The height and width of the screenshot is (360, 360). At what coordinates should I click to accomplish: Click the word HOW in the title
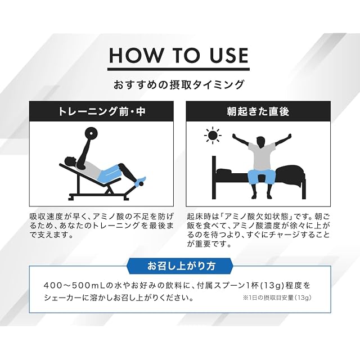[x=135, y=55]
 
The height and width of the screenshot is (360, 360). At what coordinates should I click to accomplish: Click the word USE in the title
[x=229, y=55]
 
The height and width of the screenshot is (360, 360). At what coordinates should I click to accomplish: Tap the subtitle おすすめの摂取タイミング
[x=178, y=84]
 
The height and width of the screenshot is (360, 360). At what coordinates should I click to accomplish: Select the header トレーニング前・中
[x=101, y=111]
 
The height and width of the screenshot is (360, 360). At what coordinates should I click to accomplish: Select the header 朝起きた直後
[x=258, y=111]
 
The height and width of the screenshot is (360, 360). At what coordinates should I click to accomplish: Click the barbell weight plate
[x=91, y=133]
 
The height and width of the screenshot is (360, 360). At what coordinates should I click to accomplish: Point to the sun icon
[x=213, y=135]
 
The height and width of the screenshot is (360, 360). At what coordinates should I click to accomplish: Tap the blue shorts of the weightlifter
[x=109, y=174]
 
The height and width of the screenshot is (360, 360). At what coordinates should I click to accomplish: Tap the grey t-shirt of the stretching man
[x=262, y=156]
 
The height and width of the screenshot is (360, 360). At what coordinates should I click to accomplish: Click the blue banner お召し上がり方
[x=181, y=266]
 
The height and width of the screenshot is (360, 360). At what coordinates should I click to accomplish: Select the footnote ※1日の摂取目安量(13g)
[x=277, y=298]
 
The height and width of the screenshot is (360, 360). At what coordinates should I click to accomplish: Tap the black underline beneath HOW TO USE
[x=178, y=69]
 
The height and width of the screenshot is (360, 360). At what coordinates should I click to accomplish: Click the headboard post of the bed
[x=214, y=177]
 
